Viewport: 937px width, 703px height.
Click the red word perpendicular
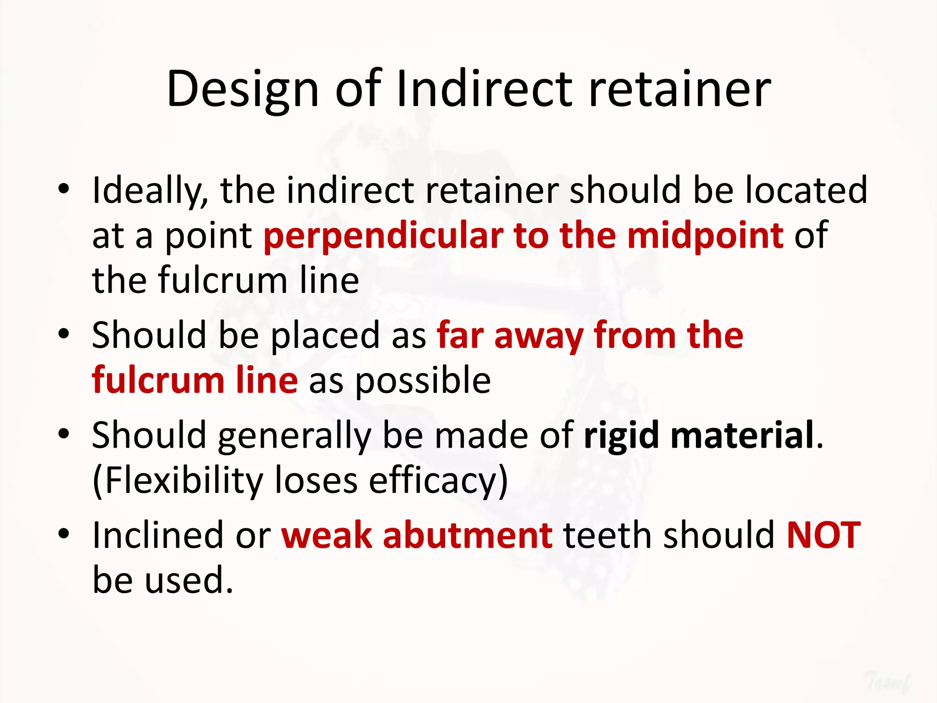pos(383,236)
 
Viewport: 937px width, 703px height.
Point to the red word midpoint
pos(705,236)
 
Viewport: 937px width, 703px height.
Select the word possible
pos(423,381)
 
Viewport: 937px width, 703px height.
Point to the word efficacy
pos(433,481)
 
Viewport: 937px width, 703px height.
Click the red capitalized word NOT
pos(823,535)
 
